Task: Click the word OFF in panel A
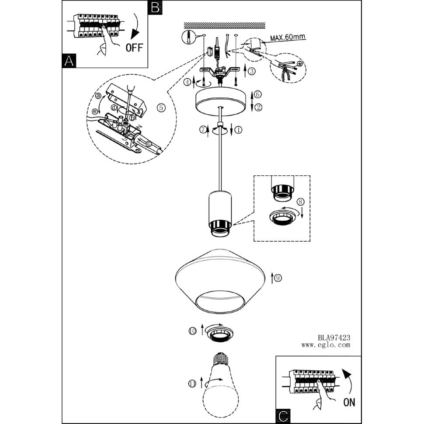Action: (x=134, y=48)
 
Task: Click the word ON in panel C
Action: (x=349, y=402)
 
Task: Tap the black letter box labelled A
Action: (x=69, y=61)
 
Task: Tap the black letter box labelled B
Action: (x=155, y=7)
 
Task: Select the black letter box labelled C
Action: (x=283, y=417)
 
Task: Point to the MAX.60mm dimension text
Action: (x=288, y=37)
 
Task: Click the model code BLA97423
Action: (x=334, y=337)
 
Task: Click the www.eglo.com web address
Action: (x=326, y=345)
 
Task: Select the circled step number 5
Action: (x=161, y=108)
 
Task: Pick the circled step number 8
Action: (x=300, y=202)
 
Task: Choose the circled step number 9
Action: (x=278, y=278)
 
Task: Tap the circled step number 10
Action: (x=192, y=331)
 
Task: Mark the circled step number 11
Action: (x=192, y=383)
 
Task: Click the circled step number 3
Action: (x=252, y=71)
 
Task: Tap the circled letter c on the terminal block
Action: (x=149, y=143)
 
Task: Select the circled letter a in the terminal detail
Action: (x=98, y=96)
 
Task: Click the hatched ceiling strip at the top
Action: (x=224, y=25)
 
